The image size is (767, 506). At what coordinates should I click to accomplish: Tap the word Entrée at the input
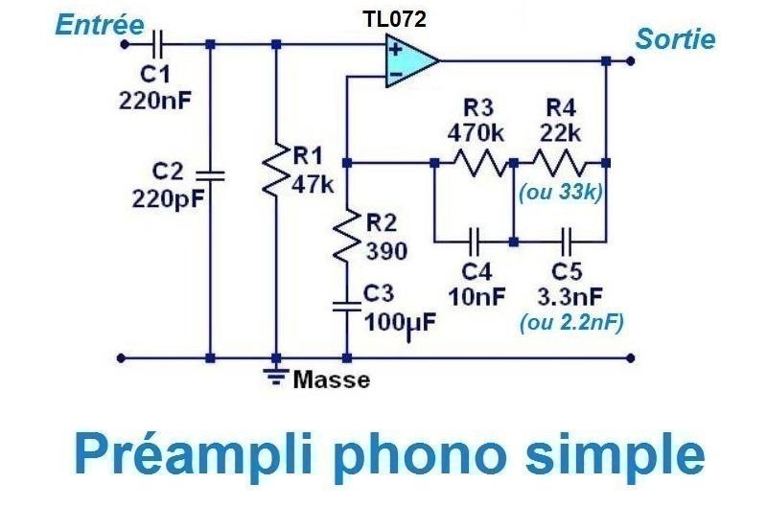coord(95,26)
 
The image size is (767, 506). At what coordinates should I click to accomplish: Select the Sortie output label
coord(674,39)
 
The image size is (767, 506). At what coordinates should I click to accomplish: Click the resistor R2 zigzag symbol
coord(347,239)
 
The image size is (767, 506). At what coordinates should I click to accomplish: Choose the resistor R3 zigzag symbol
coord(476,161)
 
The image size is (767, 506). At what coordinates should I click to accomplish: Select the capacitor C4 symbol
coord(476,240)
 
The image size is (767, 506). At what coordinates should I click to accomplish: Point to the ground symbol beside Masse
coord(276,375)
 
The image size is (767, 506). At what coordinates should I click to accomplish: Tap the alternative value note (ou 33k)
coord(560,192)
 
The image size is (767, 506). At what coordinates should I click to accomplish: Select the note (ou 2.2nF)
coord(571,323)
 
